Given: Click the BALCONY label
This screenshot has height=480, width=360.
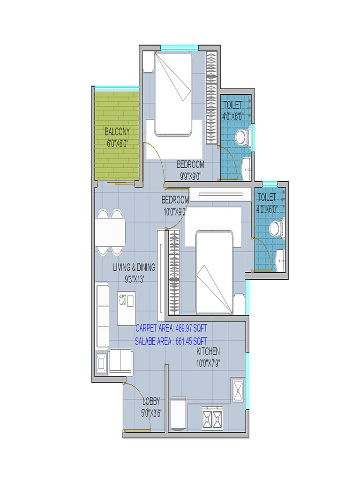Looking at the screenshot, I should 117,132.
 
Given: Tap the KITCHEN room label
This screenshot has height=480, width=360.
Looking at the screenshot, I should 208,352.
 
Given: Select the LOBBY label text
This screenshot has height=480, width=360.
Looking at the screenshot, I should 151,401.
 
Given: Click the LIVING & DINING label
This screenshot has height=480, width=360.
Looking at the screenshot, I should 134,268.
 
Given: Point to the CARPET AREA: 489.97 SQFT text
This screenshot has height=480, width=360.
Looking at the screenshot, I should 171,328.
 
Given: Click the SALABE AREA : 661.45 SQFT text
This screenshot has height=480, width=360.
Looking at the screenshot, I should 171,341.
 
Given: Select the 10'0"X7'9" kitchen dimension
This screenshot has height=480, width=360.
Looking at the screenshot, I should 208,362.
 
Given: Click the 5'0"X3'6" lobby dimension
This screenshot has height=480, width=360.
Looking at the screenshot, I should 151,413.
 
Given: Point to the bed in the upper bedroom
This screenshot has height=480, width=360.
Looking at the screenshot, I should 173,94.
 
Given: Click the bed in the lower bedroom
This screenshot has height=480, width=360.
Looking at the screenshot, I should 214,272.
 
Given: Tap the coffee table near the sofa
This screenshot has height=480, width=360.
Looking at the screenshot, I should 126,308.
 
